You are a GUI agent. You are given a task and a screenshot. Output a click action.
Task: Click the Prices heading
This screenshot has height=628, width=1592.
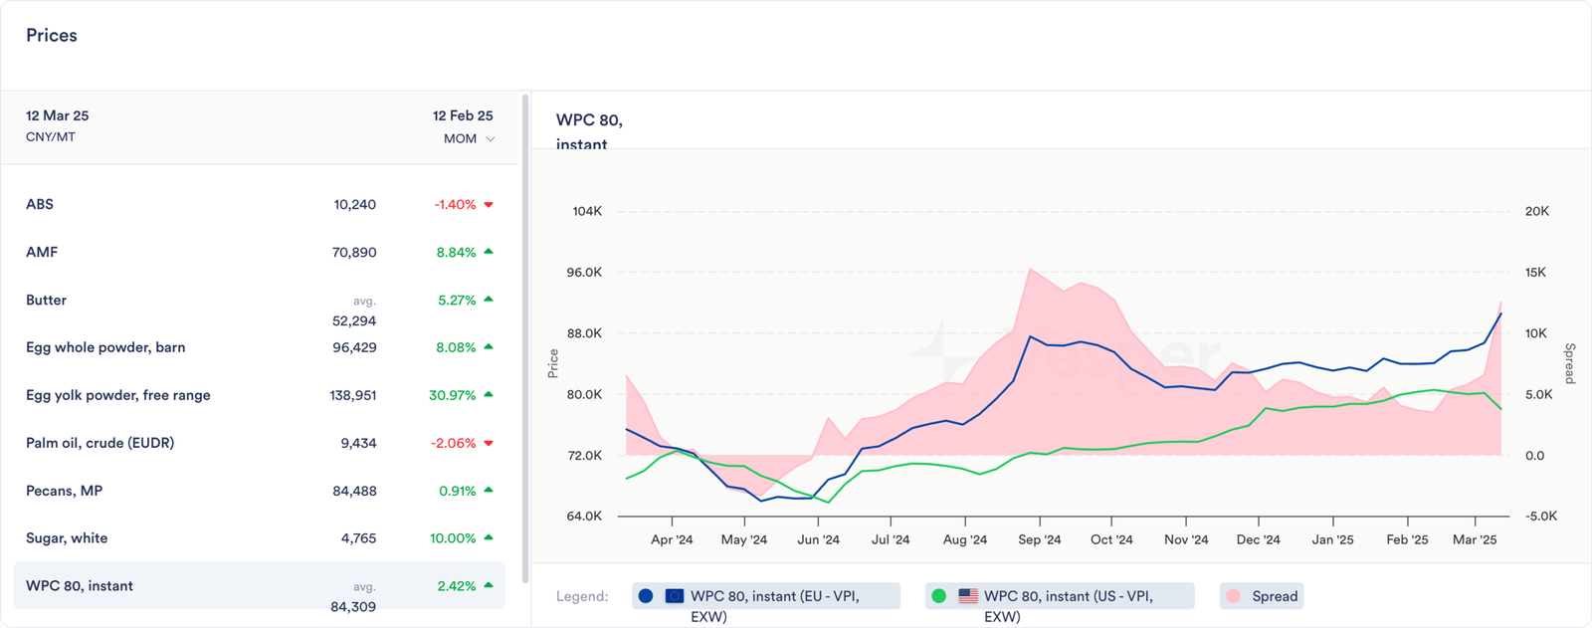pyautogui.click(x=52, y=36)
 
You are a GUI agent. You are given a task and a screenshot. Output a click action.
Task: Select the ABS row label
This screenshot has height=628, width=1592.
pyautogui.click(x=40, y=204)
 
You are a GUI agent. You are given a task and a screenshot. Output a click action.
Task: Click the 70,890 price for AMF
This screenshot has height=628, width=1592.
pyautogui.click(x=354, y=253)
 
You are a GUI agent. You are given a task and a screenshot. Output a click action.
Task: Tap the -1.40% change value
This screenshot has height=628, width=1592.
pyautogui.click(x=455, y=205)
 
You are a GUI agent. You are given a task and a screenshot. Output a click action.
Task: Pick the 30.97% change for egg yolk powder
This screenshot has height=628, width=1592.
pyautogui.click(x=453, y=395)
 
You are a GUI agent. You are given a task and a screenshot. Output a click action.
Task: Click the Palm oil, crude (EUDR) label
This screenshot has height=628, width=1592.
pyautogui.click(x=99, y=443)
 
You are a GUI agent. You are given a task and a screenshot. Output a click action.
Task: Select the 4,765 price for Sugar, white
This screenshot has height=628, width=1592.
pyautogui.click(x=358, y=538)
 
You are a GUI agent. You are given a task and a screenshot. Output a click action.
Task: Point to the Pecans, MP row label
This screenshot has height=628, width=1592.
pyautogui.click(x=64, y=491)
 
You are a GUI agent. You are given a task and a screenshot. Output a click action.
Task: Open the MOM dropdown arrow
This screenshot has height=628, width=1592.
pyautogui.click(x=490, y=139)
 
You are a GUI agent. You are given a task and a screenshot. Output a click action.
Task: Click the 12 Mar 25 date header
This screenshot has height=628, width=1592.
pyautogui.click(x=58, y=115)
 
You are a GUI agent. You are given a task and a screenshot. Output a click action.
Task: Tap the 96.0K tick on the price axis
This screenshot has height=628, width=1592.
pyautogui.click(x=584, y=273)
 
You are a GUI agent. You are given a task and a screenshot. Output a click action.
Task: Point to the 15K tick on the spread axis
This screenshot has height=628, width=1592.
pyautogui.click(x=1535, y=273)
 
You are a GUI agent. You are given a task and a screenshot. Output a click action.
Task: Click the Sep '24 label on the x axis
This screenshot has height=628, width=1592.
pyautogui.click(x=1039, y=539)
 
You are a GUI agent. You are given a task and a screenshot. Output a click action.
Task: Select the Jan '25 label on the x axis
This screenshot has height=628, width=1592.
pyautogui.click(x=1332, y=539)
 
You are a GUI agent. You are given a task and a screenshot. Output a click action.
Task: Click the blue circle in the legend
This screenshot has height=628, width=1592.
pyautogui.click(x=646, y=596)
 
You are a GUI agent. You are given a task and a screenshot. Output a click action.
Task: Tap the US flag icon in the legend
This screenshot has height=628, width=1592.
pyautogui.click(x=968, y=596)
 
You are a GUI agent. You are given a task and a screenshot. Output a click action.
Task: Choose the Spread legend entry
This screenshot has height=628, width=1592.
pyautogui.click(x=1274, y=596)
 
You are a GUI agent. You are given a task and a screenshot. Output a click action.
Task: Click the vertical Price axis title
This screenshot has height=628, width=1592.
pyautogui.click(x=553, y=363)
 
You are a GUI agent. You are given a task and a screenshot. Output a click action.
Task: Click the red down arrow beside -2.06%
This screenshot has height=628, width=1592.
pyautogui.click(x=489, y=443)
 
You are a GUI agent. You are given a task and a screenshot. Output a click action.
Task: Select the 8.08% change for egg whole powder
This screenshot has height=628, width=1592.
pyautogui.click(x=457, y=347)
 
